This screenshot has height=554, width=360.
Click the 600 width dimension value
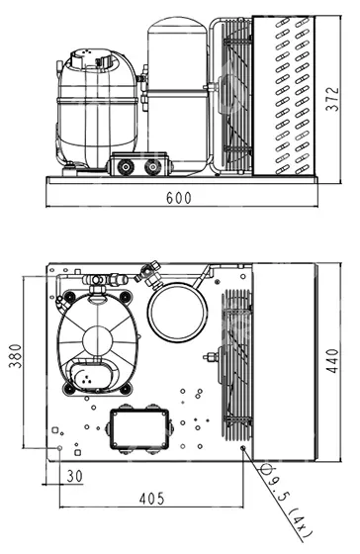pyautogui.click(x=178, y=198)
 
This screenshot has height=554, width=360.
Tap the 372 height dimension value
pyautogui.click(x=331, y=99)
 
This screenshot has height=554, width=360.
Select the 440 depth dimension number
pyautogui.click(x=332, y=361)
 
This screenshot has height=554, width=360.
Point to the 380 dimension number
pyautogui.click(x=15, y=356)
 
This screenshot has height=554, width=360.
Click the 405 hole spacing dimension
pyautogui.click(x=152, y=499)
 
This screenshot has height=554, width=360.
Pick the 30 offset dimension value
pyautogui.click(x=74, y=476)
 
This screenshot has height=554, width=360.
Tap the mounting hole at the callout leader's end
pyautogui.click(x=242, y=448)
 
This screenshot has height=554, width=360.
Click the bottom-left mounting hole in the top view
pyautogui.click(x=59, y=448)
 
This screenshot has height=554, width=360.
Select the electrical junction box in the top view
pyautogui.click(x=139, y=429)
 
